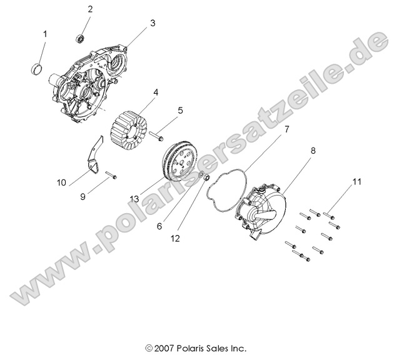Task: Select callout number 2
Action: pyautogui.click(x=90, y=9)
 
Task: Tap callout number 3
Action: pyautogui.click(x=152, y=23)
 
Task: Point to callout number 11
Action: pyautogui.click(x=357, y=182)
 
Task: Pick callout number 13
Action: pyautogui.click(x=134, y=199)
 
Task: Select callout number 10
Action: pyautogui.click(x=61, y=182)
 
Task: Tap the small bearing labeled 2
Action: pyautogui.click(x=81, y=39)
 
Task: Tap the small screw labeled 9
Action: pyautogui.click(x=111, y=176)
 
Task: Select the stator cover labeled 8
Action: pyautogui.click(x=261, y=209)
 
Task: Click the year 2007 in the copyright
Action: pyautogui.click(x=164, y=347)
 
